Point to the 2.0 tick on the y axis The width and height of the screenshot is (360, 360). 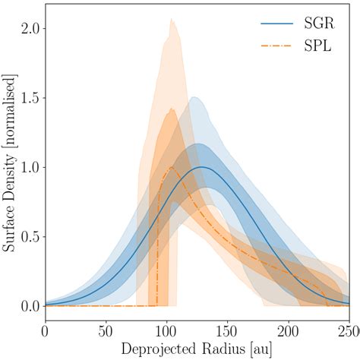[x=28, y=28]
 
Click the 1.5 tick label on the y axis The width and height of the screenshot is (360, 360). [x=28, y=97]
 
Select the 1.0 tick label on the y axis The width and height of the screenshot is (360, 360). [x=28, y=167]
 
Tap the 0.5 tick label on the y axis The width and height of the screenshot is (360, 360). [x=28, y=236]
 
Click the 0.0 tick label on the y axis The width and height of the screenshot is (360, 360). [x=28, y=305]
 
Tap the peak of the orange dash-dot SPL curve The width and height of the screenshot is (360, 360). [x=172, y=167]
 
